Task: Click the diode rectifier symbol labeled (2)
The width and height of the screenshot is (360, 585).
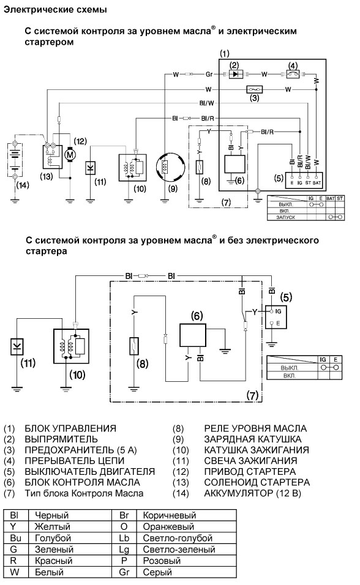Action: [x=235, y=74]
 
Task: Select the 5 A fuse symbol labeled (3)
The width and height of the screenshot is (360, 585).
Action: [x=254, y=89]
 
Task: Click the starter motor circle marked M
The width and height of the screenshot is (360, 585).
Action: [x=70, y=154]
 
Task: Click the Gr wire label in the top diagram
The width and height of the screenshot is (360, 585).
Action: [x=209, y=74]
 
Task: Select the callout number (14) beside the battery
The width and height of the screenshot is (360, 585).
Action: [x=23, y=185]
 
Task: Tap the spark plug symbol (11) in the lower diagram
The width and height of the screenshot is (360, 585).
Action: [x=17, y=346]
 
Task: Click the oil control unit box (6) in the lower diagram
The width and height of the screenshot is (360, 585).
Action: [x=193, y=335]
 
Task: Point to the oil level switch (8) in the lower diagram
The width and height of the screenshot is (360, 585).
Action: [x=134, y=346]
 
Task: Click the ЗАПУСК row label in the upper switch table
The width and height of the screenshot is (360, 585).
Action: [x=286, y=217]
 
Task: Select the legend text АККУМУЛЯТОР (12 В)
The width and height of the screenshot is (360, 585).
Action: [x=252, y=493]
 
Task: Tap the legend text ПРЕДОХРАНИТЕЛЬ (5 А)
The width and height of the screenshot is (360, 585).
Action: [x=81, y=450]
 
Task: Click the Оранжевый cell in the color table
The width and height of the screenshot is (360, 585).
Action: [x=168, y=527]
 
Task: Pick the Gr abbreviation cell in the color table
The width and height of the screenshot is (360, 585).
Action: [x=124, y=572]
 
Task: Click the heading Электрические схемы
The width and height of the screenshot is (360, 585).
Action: [x=55, y=10]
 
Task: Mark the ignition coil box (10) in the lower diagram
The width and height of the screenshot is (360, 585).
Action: [x=72, y=346]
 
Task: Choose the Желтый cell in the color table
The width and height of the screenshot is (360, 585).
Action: [x=53, y=527]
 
